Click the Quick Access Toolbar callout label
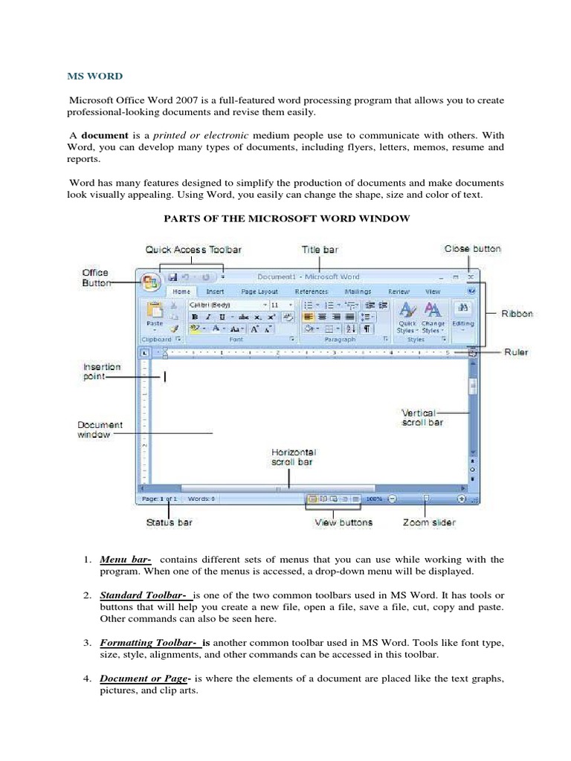pyautogui.click(x=193, y=250)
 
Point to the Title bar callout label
pyautogui.click(x=320, y=250)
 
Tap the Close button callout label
pyautogui.click(x=472, y=249)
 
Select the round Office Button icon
pyautogui.click(x=151, y=282)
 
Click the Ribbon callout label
pyautogui.click(x=516, y=314)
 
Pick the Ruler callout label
pyautogui.click(x=515, y=352)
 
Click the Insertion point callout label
pyautogui.click(x=102, y=372)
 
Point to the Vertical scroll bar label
pyautogui.click(x=422, y=417)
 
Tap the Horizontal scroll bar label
pyautogui.click(x=293, y=456)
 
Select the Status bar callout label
pyautogui.click(x=169, y=522)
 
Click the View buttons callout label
pyautogui.click(x=343, y=522)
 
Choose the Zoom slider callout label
pyautogui.click(x=429, y=522)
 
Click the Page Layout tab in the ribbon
pyautogui.click(x=259, y=293)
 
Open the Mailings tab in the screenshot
pyautogui.click(x=358, y=293)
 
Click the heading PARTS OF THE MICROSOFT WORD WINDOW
pyautogui.click(x=285, y=218)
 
